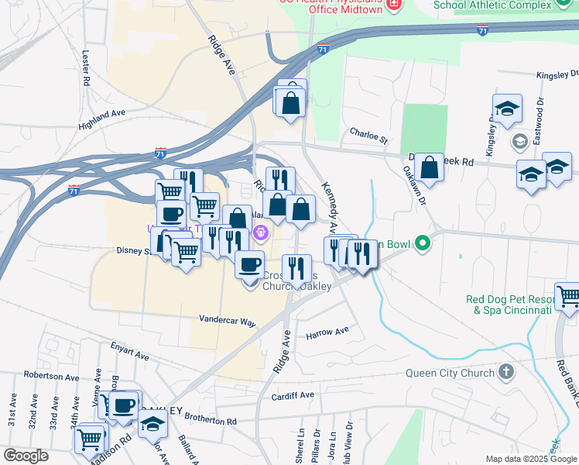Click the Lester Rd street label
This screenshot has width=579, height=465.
click(86, 68)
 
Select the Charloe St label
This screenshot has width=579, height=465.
click(368, 136)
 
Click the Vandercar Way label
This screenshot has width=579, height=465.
click(227, 320)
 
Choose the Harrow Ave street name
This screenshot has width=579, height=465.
click(327, 333)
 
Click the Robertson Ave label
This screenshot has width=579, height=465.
click(51, 377)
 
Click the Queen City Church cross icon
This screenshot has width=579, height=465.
click(506, 373)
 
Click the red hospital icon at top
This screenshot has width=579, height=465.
click(395, 5)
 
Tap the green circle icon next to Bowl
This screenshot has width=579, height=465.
click(422, 244)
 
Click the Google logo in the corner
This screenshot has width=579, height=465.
click(26, 456)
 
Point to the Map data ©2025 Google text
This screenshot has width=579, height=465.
click(530, 459)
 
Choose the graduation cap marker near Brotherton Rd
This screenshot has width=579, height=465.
click(152, 424)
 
